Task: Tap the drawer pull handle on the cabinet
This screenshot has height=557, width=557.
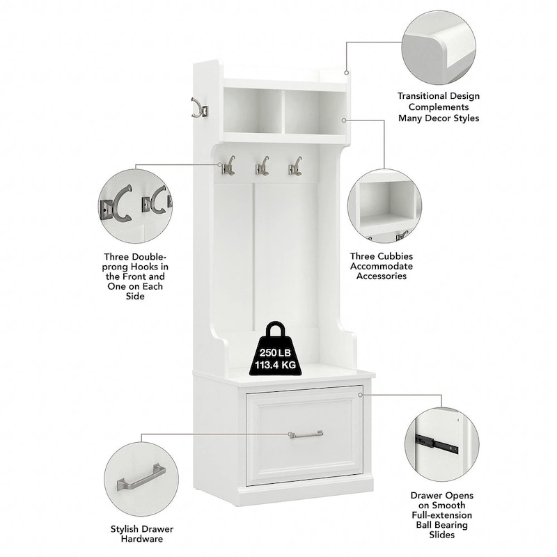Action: [306, 434]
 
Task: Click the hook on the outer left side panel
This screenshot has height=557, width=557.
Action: [200, 108]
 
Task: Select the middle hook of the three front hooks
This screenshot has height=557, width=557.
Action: [262, 166]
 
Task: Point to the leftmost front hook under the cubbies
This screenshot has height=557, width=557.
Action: [228, 166]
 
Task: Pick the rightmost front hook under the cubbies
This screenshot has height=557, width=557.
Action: [295, 166]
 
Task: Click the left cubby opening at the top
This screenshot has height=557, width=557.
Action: [253, 111]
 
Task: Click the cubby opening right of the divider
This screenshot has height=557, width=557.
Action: [315, 111]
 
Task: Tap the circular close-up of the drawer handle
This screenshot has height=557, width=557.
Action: [141, 479]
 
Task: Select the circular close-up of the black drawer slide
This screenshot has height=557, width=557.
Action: [441, 444]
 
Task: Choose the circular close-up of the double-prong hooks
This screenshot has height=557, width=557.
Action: [135, 206]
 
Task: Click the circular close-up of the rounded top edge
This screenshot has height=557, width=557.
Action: [439, 47]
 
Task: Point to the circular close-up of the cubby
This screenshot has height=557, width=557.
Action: [385, 206]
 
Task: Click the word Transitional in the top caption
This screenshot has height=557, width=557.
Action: [422, 96]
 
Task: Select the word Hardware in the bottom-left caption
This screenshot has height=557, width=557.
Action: [142, 539]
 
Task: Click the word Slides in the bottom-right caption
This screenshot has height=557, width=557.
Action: [441, 535]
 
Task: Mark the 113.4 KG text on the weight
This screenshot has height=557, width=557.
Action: [275, 365]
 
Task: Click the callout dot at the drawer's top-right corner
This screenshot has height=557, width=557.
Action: [360, 395]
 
